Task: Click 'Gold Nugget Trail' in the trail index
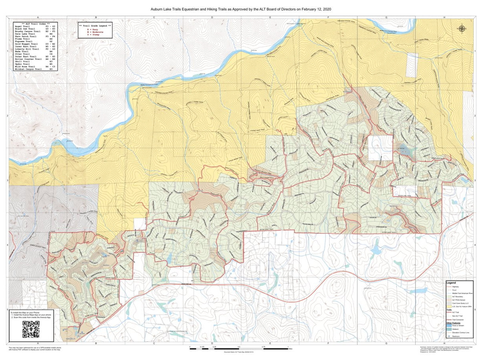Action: point(26,44)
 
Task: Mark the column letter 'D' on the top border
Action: point(212,18)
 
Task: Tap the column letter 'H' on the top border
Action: point(444,18)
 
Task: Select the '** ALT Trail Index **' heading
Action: point(35,23)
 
